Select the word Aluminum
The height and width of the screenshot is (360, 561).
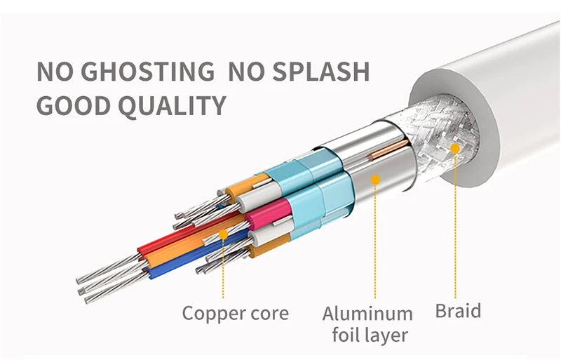click(x=367, y=313)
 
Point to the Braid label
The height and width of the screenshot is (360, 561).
click(x=459, y=310)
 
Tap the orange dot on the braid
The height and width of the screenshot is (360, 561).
click(x=455, y=148)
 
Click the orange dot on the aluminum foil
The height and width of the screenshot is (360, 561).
click(x=375, y=180)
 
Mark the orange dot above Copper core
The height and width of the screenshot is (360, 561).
click(x=223, y=234)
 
